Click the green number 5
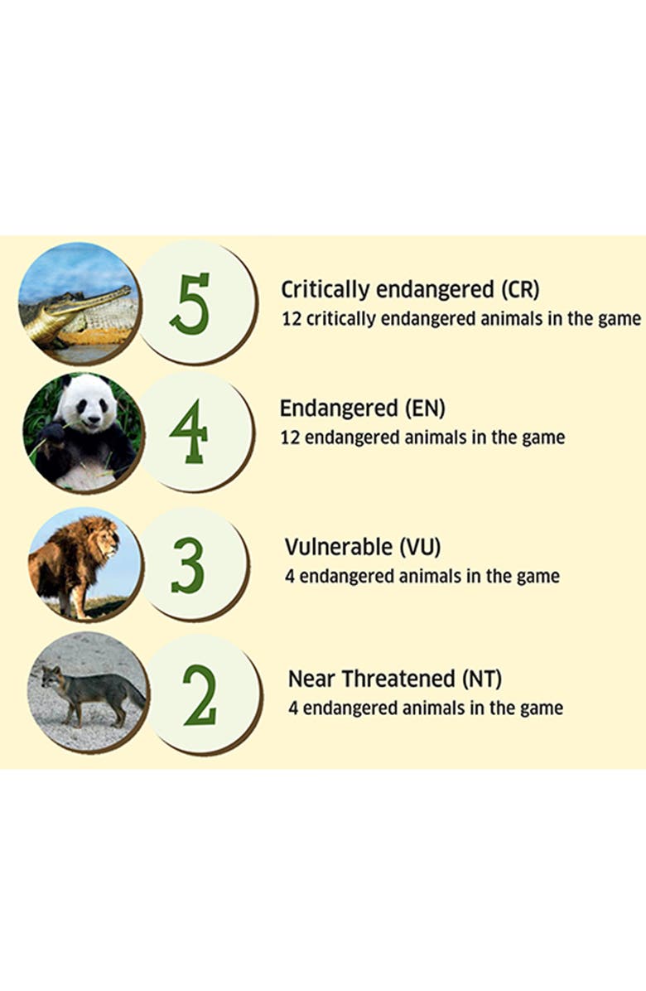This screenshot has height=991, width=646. tap(190, 304)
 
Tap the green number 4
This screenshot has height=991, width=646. tap(188, 431)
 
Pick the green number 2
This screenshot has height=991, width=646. tap(200, 694)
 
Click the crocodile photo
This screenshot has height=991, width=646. tap(79, 303)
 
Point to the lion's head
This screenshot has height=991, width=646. tap(101, 537)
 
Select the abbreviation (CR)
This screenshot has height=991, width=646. tap(520, 290)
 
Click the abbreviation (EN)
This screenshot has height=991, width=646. tap(425, 408)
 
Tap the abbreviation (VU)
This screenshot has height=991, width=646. tap(419, 547)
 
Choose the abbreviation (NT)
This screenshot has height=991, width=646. tap(482, 679)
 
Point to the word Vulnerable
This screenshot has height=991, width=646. tap(338, 547)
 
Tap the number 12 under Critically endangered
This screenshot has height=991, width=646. tap(291, 319)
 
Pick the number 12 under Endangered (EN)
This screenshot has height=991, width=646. tap(290, 438)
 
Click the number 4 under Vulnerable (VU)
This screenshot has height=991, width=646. tap(289, 577)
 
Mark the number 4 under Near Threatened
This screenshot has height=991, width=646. tap(293, 708)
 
